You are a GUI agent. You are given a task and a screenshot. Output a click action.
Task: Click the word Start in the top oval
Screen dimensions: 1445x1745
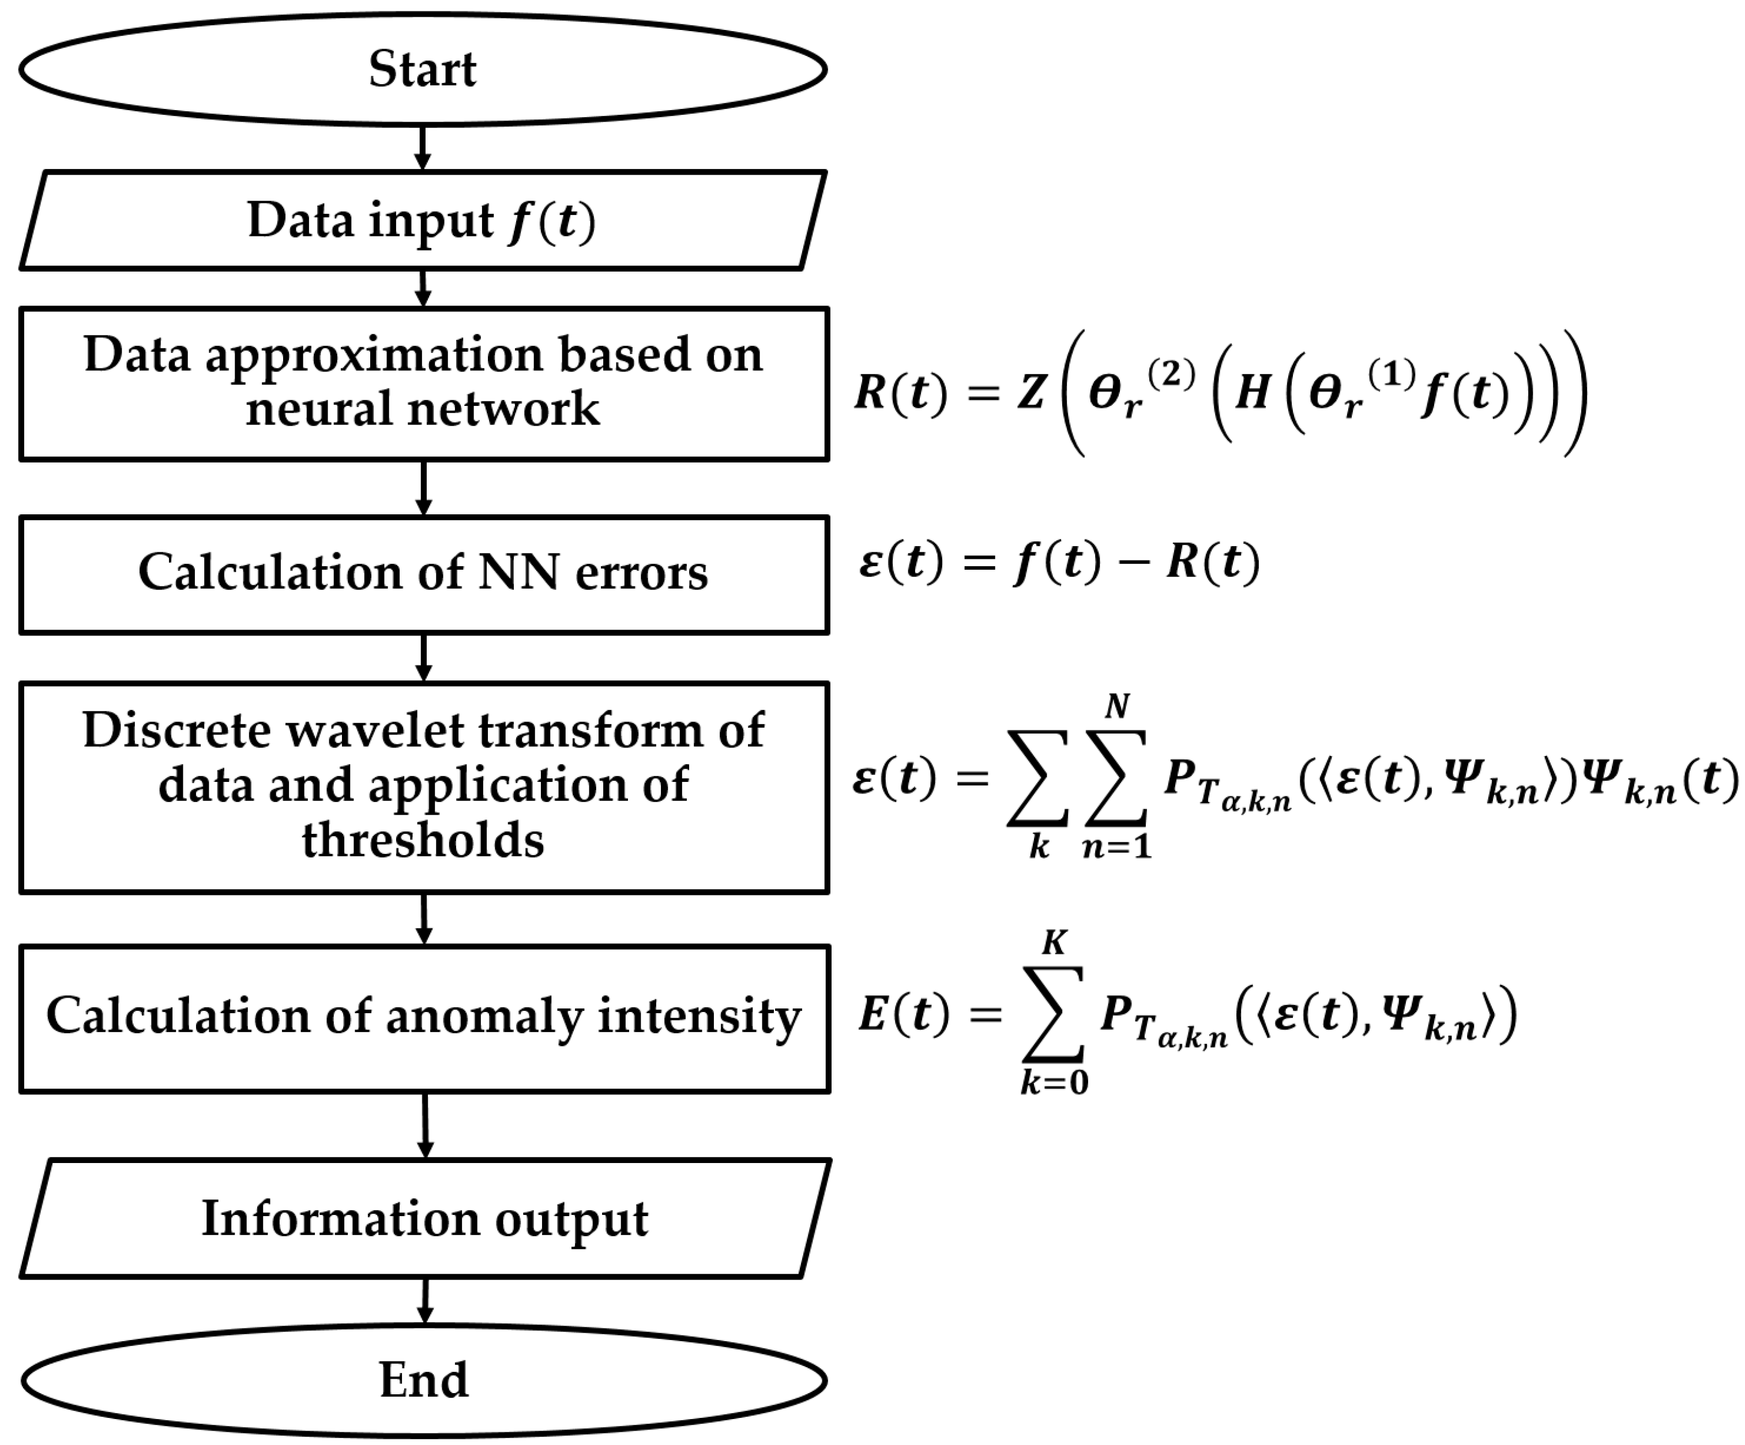click(x=422, y=69)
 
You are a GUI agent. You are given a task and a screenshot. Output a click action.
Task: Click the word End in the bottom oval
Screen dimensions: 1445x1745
click(x=424, y=1380)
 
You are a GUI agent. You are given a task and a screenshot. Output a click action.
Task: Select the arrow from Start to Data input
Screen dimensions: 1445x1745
click(x=423, y=149)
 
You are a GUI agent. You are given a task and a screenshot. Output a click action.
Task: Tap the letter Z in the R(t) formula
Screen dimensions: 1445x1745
click(x=1031, y=392)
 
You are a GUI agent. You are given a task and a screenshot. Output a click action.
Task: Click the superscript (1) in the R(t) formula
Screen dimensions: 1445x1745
click(x=1392, y=375)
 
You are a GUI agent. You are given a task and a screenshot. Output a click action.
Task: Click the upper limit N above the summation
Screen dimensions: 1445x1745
click(x=1117, y=706)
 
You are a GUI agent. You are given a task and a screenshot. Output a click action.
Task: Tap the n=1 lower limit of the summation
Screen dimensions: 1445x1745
click(x=1117, y=846)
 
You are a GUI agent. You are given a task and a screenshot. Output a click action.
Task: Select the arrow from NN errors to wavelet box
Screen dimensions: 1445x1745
click(x=424, y=658)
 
